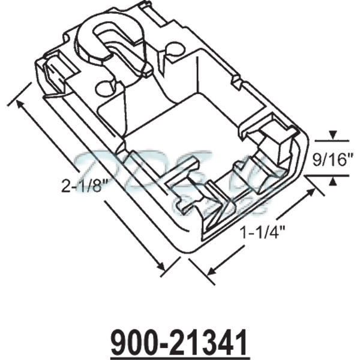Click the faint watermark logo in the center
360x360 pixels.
(x=180, y=174)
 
